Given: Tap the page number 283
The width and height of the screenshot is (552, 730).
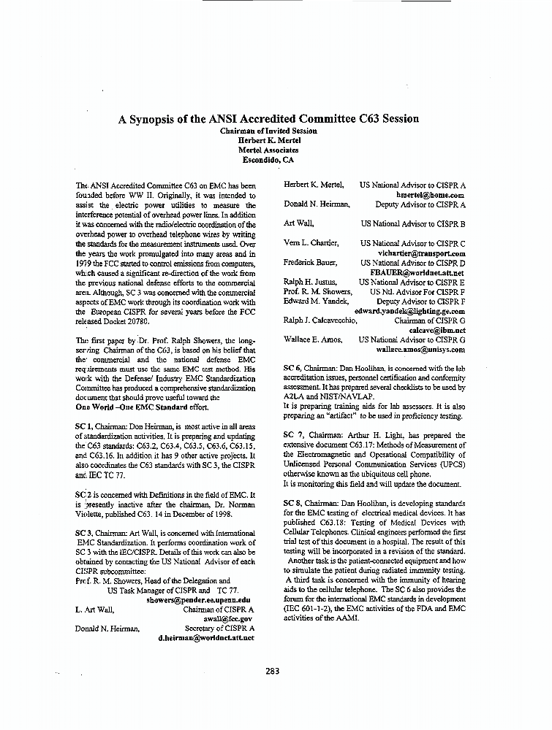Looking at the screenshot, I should pos(273,672).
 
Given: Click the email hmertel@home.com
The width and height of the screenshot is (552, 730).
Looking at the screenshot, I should pos(431,195).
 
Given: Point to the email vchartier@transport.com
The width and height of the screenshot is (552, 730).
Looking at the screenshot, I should pos(423,253).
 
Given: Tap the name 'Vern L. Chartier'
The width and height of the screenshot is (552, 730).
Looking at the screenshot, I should pos(311,242).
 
